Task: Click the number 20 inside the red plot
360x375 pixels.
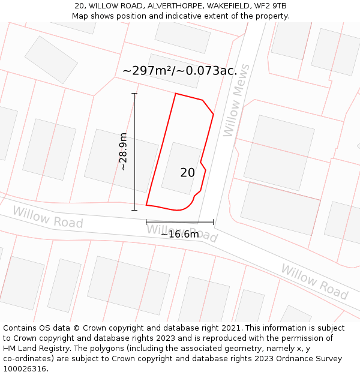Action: coord(187,173)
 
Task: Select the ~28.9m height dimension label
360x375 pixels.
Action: coord(123,152)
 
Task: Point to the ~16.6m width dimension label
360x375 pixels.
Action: coord(179,234)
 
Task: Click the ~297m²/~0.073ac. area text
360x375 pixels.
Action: coord(179,71)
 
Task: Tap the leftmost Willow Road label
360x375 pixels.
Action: coord(47,217)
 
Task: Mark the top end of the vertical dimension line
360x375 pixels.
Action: coord(134,94)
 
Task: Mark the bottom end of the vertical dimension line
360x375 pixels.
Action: coord(134,210)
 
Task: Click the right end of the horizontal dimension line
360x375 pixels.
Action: coord(213,222)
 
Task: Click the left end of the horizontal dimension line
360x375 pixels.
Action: coord(146,222)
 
